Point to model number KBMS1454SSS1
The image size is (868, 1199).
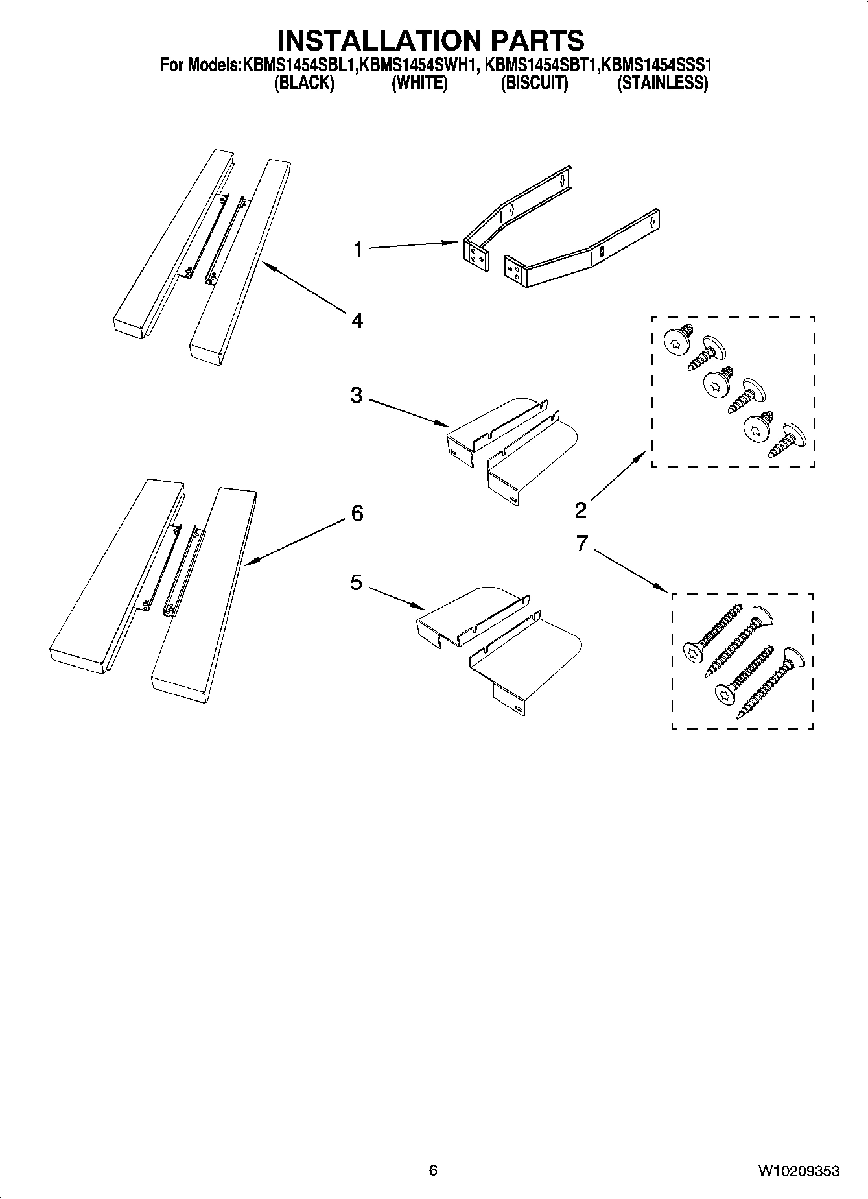pos(657,65)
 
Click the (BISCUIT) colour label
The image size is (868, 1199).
pos(534,84)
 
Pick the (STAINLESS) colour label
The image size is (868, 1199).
pos(663,84)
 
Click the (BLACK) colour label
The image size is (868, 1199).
pos(304,84)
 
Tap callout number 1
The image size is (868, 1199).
pos(358,249)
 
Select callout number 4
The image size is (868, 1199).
pos(357,320)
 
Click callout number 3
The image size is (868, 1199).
pos(356,395)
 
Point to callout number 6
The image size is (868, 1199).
pos(357,513)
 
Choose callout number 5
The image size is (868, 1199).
pos(356,582)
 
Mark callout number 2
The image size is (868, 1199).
pos(580,510)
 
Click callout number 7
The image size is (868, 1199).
pos(582,543)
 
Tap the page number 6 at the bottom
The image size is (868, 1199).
pos(433,1170)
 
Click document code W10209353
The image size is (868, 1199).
pos(799,1170)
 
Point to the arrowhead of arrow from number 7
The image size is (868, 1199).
pos(664,589)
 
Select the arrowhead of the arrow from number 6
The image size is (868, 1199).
pos(247,563)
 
